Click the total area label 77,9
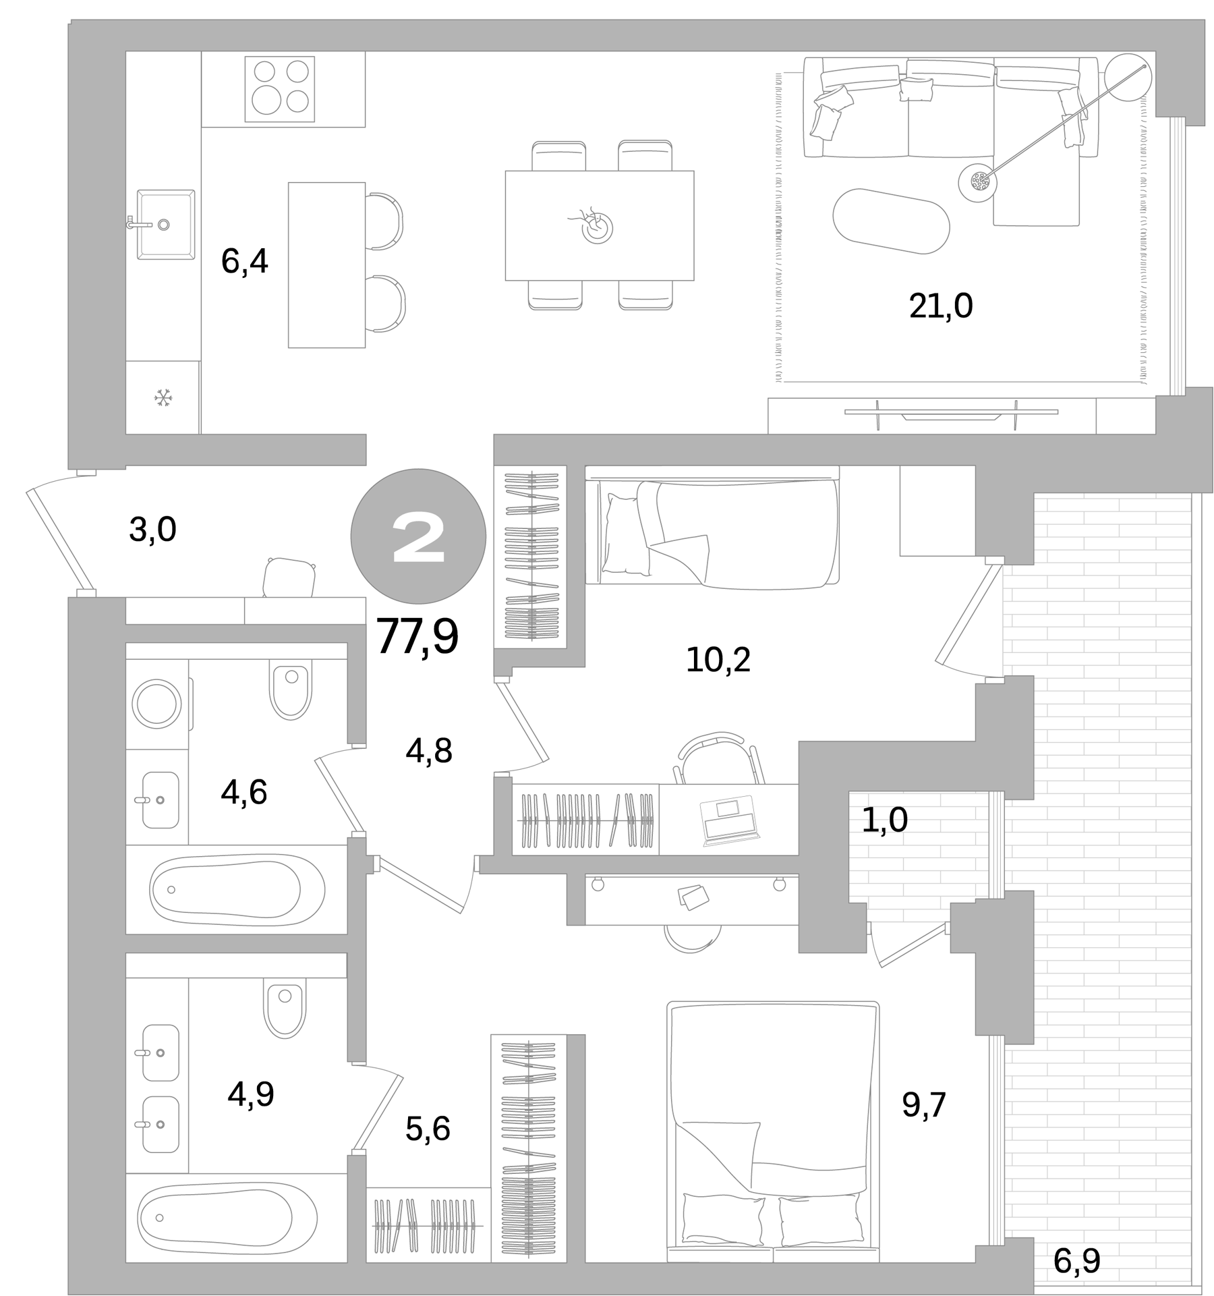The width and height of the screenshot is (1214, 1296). click(417, 636)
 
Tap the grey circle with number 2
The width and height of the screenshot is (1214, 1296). click(418, 536)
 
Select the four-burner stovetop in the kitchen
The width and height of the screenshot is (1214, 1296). click(280, 89)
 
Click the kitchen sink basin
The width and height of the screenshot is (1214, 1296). click(167, 224)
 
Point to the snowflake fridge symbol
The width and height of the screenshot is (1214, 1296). click(163, 398)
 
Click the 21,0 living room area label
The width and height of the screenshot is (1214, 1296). click(940, 306)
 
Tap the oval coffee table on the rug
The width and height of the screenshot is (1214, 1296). click(891, 221)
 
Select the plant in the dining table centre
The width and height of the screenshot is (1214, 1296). click(596, 227)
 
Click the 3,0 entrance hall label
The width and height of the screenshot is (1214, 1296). click(152, 530)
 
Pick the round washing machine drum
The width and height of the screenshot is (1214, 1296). click(157, 704)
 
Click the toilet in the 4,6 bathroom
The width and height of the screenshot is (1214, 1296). click(291, 690)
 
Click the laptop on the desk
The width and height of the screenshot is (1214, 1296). click(730, 819)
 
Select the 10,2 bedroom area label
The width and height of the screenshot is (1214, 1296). click(718, 660)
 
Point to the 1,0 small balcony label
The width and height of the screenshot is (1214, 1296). click(884, 820)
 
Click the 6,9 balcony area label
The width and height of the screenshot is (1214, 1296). click(1076, 1261)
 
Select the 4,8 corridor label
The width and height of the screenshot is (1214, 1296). click(428, 750)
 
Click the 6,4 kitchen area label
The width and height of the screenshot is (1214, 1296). click(244, 262)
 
